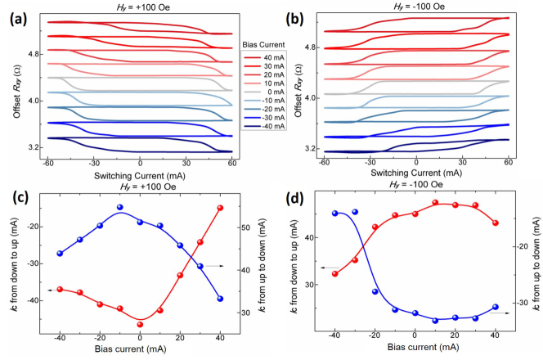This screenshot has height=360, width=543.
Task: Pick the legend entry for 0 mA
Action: click(272, 93)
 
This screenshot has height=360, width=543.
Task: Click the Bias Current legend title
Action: click(263, 43)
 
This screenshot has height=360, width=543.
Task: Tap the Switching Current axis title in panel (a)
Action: click(139, 173)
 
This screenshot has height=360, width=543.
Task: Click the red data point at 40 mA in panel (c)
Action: click(220, 208)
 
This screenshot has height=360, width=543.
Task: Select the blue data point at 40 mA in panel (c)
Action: click(220, 299)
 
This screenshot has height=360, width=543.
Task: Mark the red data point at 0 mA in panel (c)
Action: click(140, 325)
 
